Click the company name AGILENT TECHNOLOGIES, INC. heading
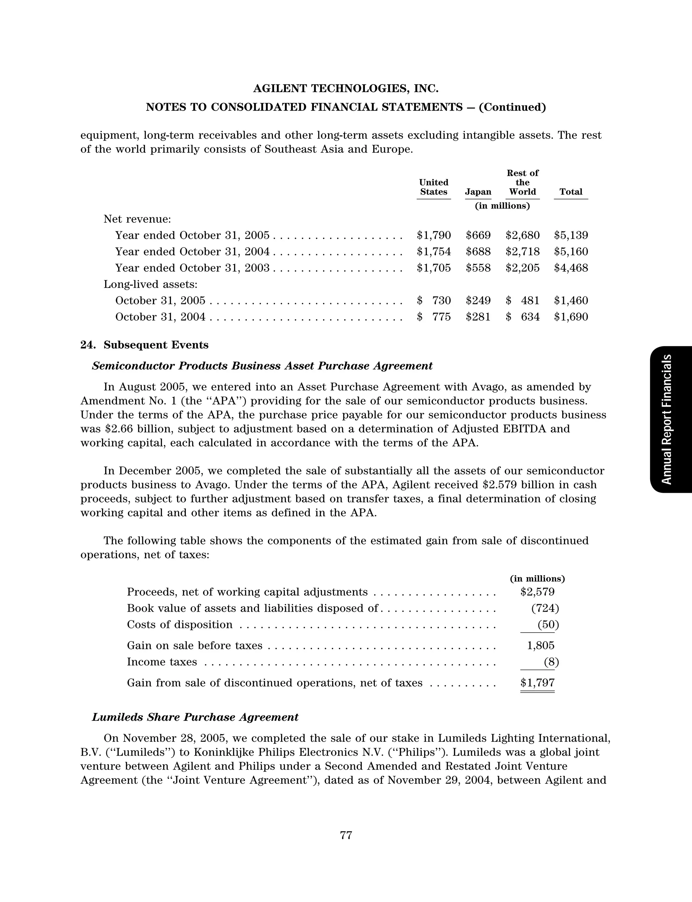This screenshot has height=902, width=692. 346,89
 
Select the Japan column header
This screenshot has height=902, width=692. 478,192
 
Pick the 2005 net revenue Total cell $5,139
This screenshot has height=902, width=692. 571,235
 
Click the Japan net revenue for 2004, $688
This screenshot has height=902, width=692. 478,252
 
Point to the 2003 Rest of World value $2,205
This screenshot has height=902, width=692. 522,268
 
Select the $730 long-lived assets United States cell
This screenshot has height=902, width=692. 434,301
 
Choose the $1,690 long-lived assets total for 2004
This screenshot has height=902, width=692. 571,317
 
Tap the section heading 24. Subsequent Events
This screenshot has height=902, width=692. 144,345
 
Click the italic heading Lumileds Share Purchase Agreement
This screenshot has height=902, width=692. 195,717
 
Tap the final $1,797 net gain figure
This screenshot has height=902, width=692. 537,683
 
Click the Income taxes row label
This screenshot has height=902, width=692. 162,662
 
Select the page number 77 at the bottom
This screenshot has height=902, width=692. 346,835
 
